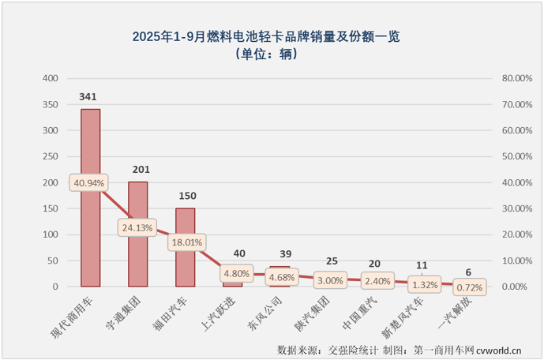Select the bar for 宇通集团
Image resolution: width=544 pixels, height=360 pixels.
pyautogui.click(x=138, y=253)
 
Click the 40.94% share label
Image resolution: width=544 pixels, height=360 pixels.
pyautogui.click(x=89, y=182)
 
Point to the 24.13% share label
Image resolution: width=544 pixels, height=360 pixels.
pyautogui.click(x=137, y=227)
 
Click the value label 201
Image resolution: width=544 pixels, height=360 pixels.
pyautogui.click(x=137, y=170)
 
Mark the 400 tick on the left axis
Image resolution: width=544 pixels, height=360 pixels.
pyautogui.click(x=50, y=78)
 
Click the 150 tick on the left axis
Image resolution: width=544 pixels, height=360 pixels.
pyautogui.click(x=50, y=208)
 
